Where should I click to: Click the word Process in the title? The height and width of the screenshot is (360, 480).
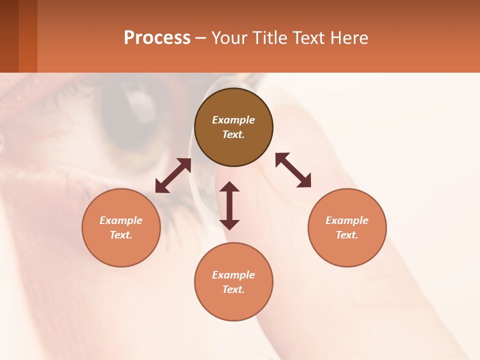[x=157, y=38]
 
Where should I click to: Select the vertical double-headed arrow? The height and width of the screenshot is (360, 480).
[x=229, y=205]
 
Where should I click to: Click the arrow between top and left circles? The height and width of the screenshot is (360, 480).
[x=173, y=175]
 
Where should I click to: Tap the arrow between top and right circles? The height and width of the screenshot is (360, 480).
[x=293, y=170]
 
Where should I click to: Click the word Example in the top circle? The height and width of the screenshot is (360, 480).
[x=233, y=120]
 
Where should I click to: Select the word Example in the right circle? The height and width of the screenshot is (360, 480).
[x=347, y=220]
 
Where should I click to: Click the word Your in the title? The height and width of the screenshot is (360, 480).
[x=229, y=38]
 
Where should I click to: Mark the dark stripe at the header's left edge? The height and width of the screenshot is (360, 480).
[x=9, y=36]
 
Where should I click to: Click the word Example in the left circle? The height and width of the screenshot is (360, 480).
[x=121, y=220]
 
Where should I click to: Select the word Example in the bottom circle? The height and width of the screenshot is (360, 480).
[x=233, y=275]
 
